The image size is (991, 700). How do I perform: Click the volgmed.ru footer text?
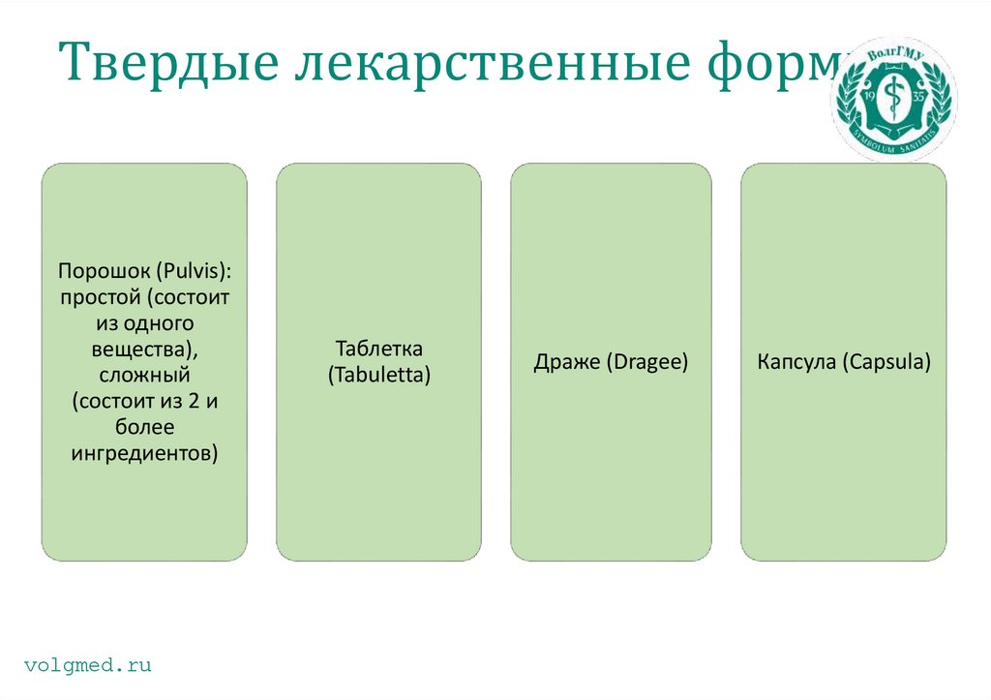point(87,665)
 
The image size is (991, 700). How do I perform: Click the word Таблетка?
point(378,349)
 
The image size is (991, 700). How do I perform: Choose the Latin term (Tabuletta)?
point(378,374)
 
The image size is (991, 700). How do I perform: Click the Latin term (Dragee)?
point(646,363)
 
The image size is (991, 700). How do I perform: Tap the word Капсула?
point(797,363)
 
